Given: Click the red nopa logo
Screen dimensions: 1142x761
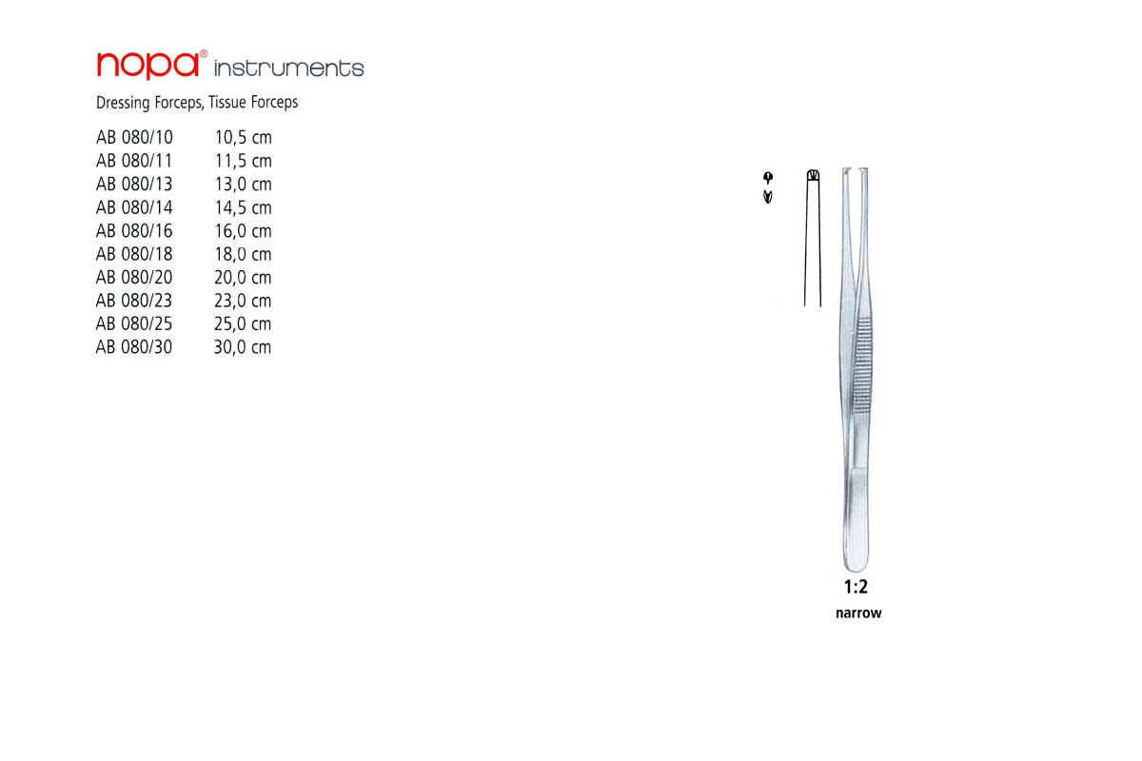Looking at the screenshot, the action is (151, 66).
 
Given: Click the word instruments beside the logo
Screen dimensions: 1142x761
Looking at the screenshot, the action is (289, 68).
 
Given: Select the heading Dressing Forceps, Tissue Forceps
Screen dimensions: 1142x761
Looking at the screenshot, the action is (197, 103).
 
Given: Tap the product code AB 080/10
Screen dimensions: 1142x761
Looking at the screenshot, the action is (134, 138).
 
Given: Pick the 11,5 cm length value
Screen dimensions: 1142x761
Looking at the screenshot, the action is (244, 161).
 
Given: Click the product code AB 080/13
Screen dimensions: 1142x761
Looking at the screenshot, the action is (134, 184).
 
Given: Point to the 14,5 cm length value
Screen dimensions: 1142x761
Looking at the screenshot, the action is (244, 207).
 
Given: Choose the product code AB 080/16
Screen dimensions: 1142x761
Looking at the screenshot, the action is (134, 231).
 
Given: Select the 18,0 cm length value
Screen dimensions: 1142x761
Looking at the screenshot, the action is (244, 254).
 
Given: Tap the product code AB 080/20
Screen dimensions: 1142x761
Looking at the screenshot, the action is (134, 277).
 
